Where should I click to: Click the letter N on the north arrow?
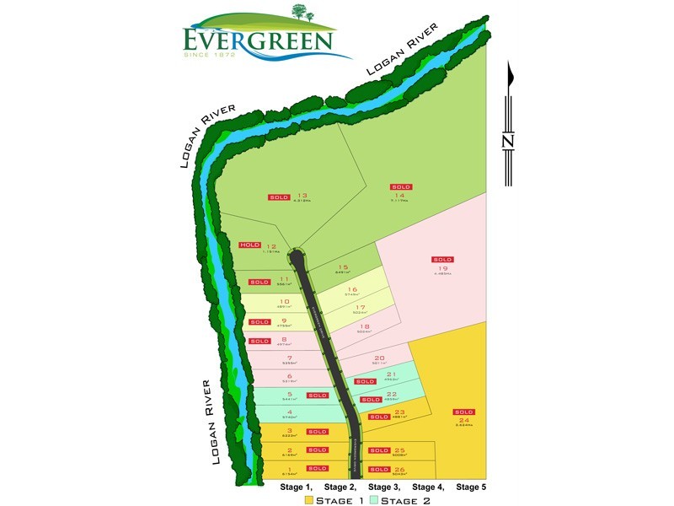pyautogui.click(x=508, y=141)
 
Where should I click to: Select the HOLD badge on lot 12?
pyautogui.click(x=250, y=245)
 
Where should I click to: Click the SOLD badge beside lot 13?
pyautogui.click(x=278, y=196)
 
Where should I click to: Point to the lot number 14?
pyautogui.click(x=399, y=195)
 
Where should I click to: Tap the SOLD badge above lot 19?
pyautogui.click(x=442, y=259)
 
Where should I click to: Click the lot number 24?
pyautogui.click(x=463, y=420)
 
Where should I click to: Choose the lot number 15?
pyautogui.click(x=343, y=266)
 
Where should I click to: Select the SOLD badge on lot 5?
pyautogui.click(x=317, y=395)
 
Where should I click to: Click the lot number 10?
pyautogui.click(x=284, y=301)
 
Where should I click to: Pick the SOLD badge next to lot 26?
pyautogui.click(x=378, y=469)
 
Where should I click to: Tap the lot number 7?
pyautogui.click(x=289, y=358)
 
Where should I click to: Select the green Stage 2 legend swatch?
pyautogui.click(x=375, y=500)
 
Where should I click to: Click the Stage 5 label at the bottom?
pyautogui.click(x=471, y=487)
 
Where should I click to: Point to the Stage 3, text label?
pyautogui.click(x=383, y=487)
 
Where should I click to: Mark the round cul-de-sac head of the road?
pyautogui.click(x=297, y=255)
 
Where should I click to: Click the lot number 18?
pyautogui.click(x=364, y=326)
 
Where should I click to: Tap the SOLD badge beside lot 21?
pyautogui.click(x=364, y=382)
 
